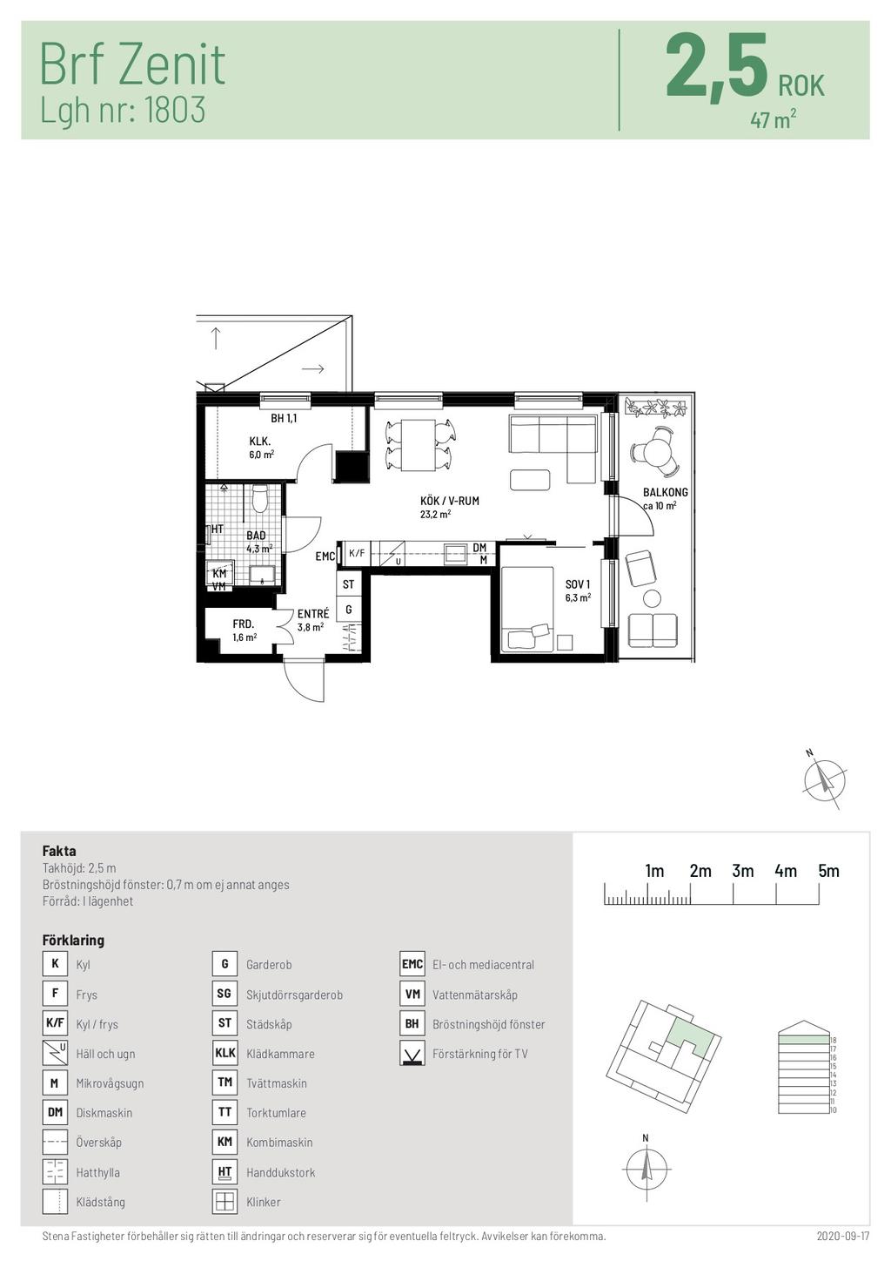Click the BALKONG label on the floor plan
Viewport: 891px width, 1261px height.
(665, 492)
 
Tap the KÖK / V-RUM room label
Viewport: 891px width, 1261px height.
(450, 501)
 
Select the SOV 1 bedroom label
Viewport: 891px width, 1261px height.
(578, 584)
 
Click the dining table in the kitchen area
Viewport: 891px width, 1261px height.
(418, 445)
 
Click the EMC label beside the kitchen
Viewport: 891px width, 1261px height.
(325, 556)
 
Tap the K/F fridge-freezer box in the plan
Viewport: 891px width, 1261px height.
(357, 553)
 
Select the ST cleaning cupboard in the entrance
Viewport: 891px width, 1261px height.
(348, 583)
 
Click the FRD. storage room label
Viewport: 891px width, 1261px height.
(244, 624)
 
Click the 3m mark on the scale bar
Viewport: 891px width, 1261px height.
(742, 871)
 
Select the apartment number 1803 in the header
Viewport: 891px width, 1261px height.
(175, 109)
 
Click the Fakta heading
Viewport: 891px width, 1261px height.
(59, 851)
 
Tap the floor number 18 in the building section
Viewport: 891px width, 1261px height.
(833, 1041)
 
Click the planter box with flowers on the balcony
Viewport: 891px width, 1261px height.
(656, 407)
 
